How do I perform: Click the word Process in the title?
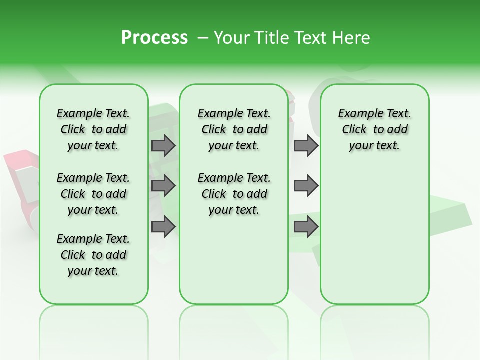[x=154, y=37]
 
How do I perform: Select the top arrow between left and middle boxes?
[x=163, y=145]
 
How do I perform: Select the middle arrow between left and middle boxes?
[x=163, y=186]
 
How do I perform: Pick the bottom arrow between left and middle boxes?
[x=163, y=226]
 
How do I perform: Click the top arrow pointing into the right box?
[x=306, y=145]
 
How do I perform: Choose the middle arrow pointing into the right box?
[x=306, y=186]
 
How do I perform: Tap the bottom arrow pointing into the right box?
[x=306, y=226]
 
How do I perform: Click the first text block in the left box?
[x=93, y=129]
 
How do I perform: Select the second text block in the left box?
[x=93, y=194]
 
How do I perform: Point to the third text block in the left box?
[x=93, y=255]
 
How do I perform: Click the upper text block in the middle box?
[x=234, y=129]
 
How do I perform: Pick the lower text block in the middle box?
[x=234, y=194]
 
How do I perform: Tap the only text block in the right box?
[x=374, y=129]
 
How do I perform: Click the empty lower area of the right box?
[x=374, y=240]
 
